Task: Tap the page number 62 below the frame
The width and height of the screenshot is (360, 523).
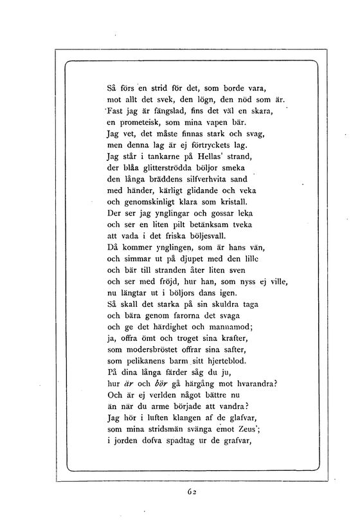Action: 192,491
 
